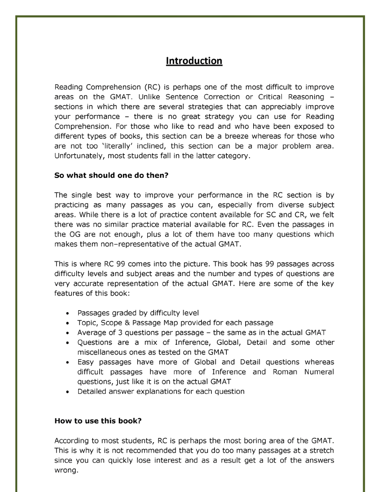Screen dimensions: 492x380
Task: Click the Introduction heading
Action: pyautogui.click(x=194, y=61)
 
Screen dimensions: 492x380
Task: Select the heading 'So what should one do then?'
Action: pyautogui.click(x=111, y=176)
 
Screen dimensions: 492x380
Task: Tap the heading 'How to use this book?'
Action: pyautogui.click(x=98, y=421)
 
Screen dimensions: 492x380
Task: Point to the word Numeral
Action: pyautogui.click(x=319, y=372)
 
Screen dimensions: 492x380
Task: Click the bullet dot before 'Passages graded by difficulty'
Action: pyautogui.click(x=68, y=314)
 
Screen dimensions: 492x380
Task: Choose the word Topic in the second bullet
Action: pyautogui.click(x=87, y=323)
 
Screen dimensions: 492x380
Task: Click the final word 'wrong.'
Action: pyautogui.click(x=66, y=470)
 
